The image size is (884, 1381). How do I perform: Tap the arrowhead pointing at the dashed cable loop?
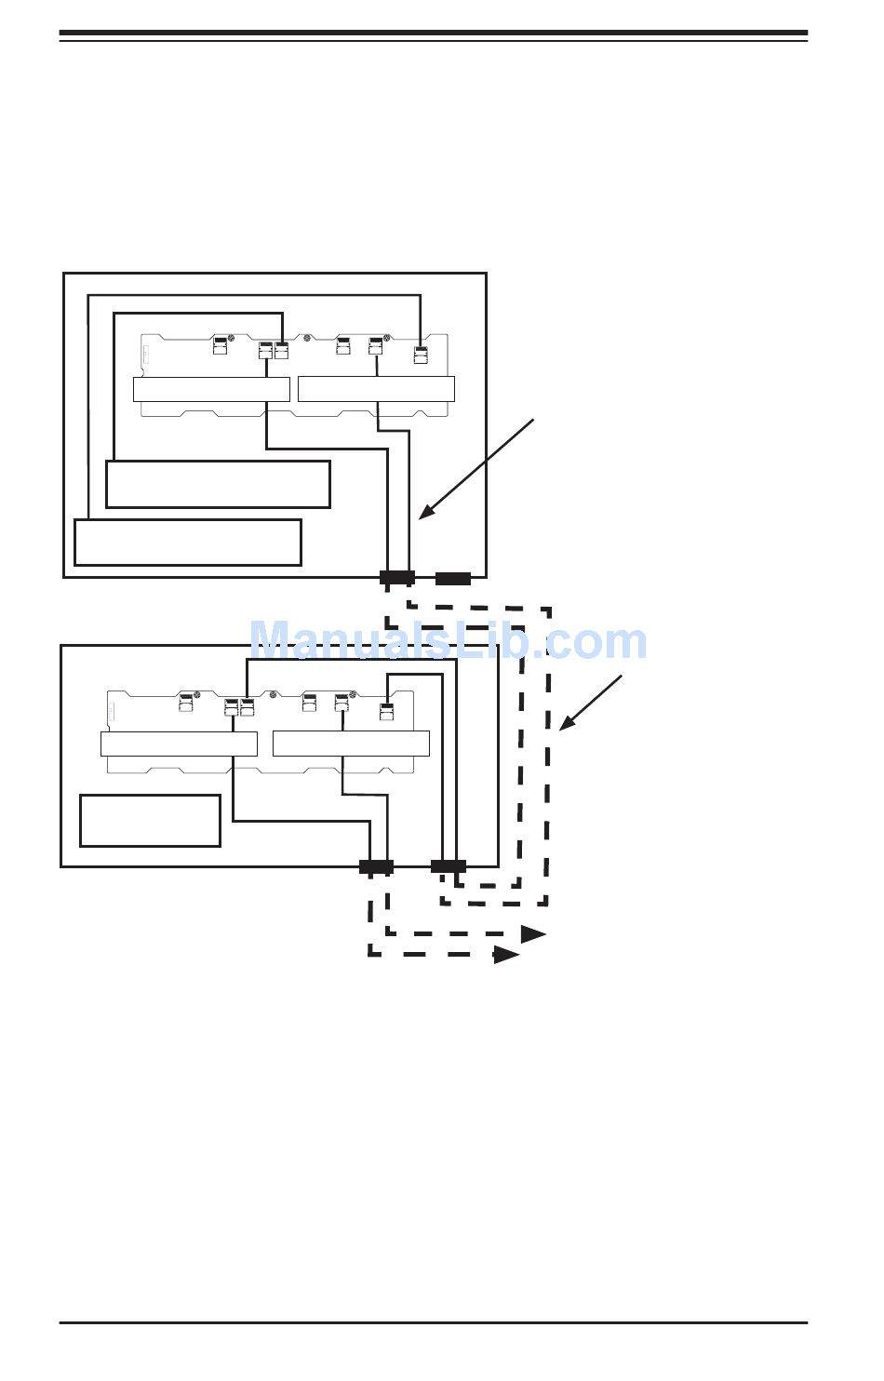click(564, 724)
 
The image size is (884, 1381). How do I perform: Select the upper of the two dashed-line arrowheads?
click(533, 934)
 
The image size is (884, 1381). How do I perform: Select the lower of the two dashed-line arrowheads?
click(506, 955)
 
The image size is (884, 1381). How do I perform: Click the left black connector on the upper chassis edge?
click(397, 578)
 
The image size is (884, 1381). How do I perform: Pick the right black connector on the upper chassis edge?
click(453, 578)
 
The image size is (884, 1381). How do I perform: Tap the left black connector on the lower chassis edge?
click(376, 866)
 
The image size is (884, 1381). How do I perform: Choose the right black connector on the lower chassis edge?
click(449, 866)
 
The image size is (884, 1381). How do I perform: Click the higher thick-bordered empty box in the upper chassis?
click(219, 484)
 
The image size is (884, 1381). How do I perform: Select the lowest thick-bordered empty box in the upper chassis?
click(188, 543)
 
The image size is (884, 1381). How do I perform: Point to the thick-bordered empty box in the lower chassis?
click(150, 821)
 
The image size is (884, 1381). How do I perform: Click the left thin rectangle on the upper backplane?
click(211, 389)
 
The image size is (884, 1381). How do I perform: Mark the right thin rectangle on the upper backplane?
click(376, 389)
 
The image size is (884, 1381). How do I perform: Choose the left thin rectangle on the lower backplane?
click(179, 744)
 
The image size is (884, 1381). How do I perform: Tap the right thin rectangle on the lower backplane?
click(351, 744)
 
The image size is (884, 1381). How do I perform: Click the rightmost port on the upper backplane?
click(421, 354)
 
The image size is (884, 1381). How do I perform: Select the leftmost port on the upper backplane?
click(221, 346)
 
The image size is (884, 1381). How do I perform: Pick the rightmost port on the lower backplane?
click(388, 712)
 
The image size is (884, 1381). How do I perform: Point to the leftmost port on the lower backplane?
click(187, 703)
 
